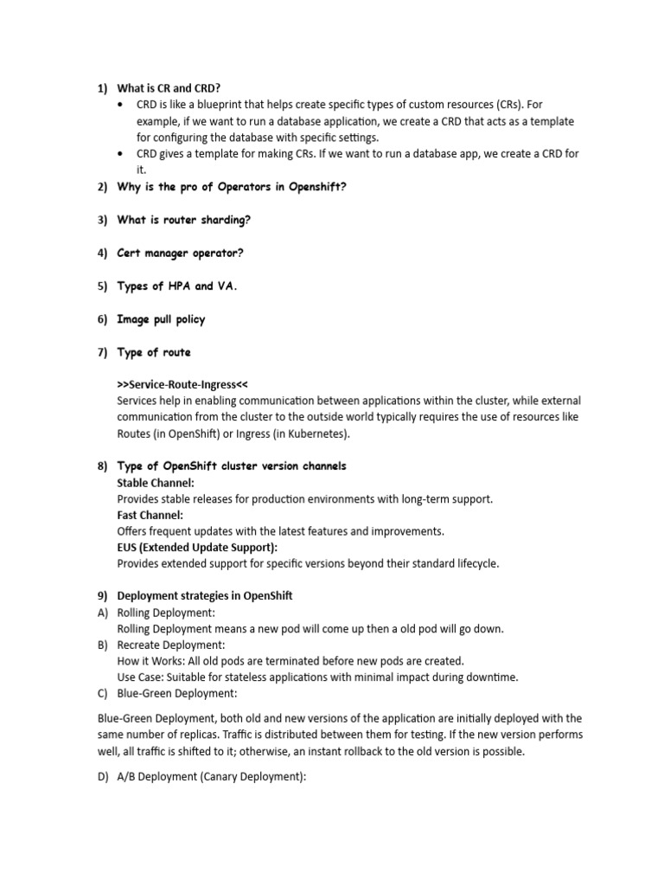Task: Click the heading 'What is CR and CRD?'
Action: pyautogui.click(x=169, y=88)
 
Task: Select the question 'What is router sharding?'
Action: pyautogui.click(x=183, y=220)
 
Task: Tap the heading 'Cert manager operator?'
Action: pyautogui.click(x=180, y=253)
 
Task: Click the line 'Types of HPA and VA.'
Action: pyautogui.click(x=176, y=286)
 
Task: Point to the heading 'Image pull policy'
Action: pyautogui.click(x=161, y=319)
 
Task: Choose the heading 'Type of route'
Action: pyautogui.click(x=154, y=352)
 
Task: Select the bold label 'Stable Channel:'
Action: pyautogui.click(x=156, y=483)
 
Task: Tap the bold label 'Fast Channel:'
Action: pyautogui.click(x=150, y=516)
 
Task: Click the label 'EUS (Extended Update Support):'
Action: pyautogui.click(x=198, y=548)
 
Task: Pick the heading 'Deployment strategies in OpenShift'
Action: pyautogui.click(x=205, y=596)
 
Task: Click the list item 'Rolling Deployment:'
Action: pyautogui.click(x=166, y=613)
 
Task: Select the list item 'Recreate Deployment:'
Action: pyautogui.click(x=170, y=645)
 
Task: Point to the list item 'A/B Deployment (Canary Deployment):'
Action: pyautogui.click(x=212, y=776)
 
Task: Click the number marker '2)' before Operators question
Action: pyautogui.click(x=102, y=187)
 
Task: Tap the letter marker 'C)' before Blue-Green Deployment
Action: pyautogui.click(x=102, y=694)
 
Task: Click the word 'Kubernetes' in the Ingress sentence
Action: pyautogui.click(x=310, y=433)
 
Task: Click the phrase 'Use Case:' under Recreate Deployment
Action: pyautogui.click(x=140, y=677)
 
